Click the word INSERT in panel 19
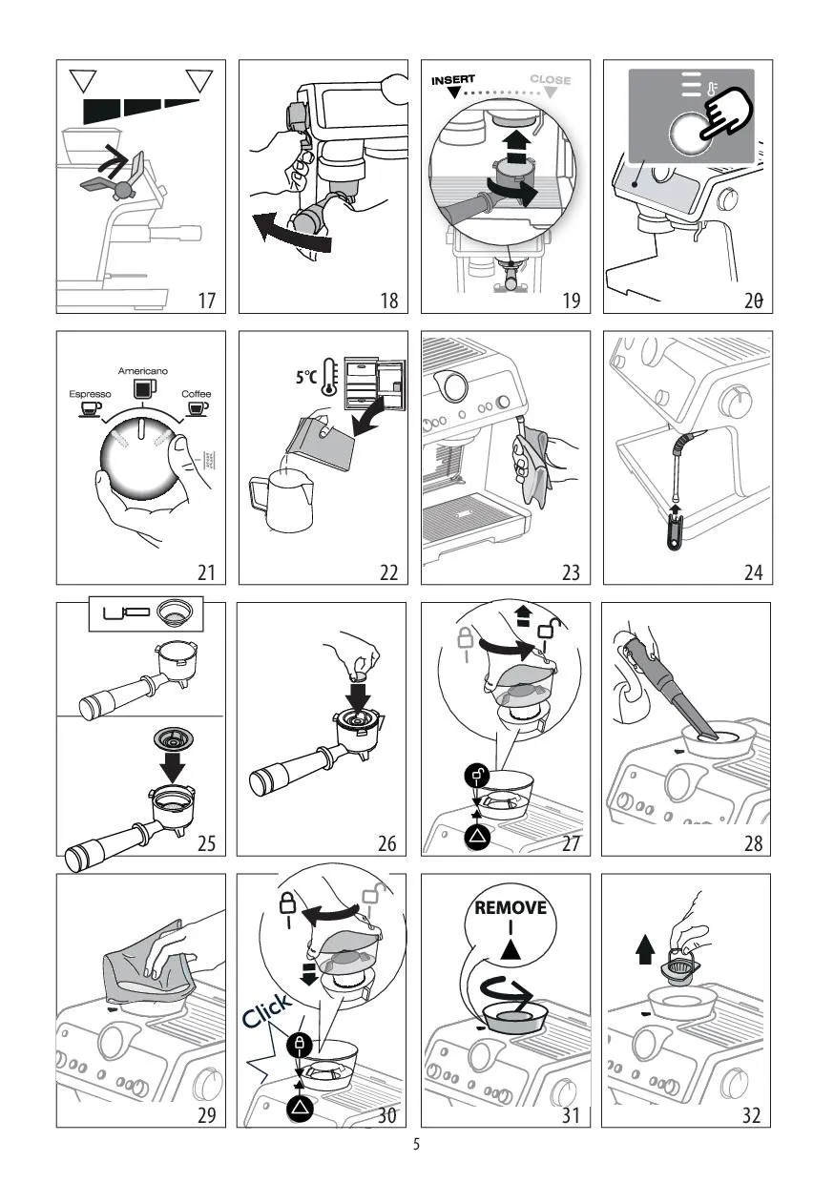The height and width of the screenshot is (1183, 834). coord(452,80)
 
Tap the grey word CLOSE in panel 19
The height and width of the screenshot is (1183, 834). coord(551,80)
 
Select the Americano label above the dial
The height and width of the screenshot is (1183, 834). coord(142,371)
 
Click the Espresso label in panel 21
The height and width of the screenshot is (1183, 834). coord(91,394)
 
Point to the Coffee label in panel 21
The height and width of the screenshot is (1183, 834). coord(196,394)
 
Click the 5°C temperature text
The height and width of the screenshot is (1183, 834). coord(306,377)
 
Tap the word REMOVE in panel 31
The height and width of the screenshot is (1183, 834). coord(511,908)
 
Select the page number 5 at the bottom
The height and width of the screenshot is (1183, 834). coord(416,1145)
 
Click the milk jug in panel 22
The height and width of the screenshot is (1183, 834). coord(281,499)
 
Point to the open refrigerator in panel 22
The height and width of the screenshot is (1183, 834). coord(375,384)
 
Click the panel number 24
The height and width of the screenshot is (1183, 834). coord(753,572)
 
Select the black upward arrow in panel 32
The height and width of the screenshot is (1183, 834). coord(645,949)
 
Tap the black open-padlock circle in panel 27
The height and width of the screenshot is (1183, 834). coord(477,775)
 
